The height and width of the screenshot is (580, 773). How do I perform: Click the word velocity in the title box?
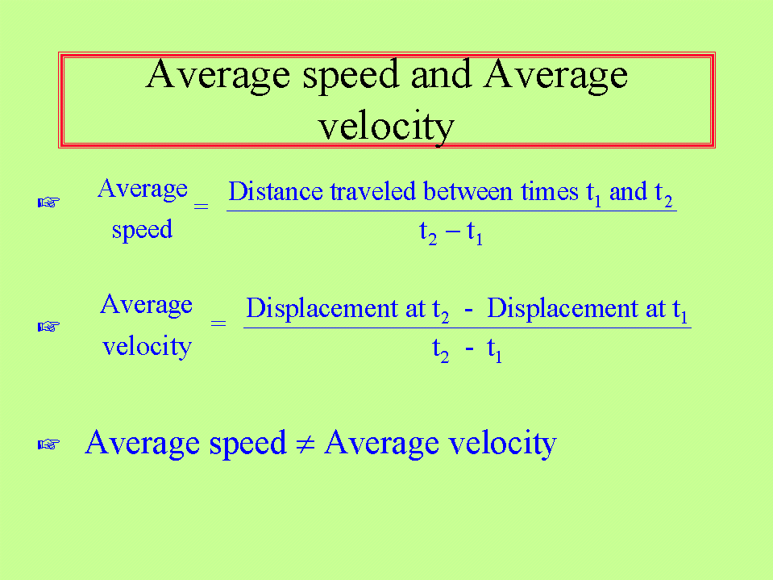pos(386,127)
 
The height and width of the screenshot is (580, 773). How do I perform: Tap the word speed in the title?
pos(351,77)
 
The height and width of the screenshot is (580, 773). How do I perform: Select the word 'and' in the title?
pos(441,73)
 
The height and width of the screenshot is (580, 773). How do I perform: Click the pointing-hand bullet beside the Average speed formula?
pos(49,202)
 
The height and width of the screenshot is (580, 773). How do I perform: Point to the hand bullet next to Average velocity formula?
pos(49,327)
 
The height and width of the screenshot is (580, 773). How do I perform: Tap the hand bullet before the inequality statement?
pos(49,444)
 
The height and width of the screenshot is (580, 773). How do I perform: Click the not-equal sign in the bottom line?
pos(305,444)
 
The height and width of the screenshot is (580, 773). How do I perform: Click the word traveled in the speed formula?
pos(372,191)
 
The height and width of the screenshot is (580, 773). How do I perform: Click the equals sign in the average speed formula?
pos(202,207)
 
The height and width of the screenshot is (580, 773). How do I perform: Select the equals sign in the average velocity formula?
pos(218,323)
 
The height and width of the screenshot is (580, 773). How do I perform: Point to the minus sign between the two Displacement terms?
pos(468,311)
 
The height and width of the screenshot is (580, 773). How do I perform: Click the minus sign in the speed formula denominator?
pos(452,231)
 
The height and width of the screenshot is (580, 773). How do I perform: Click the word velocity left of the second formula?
pos(147,347)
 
